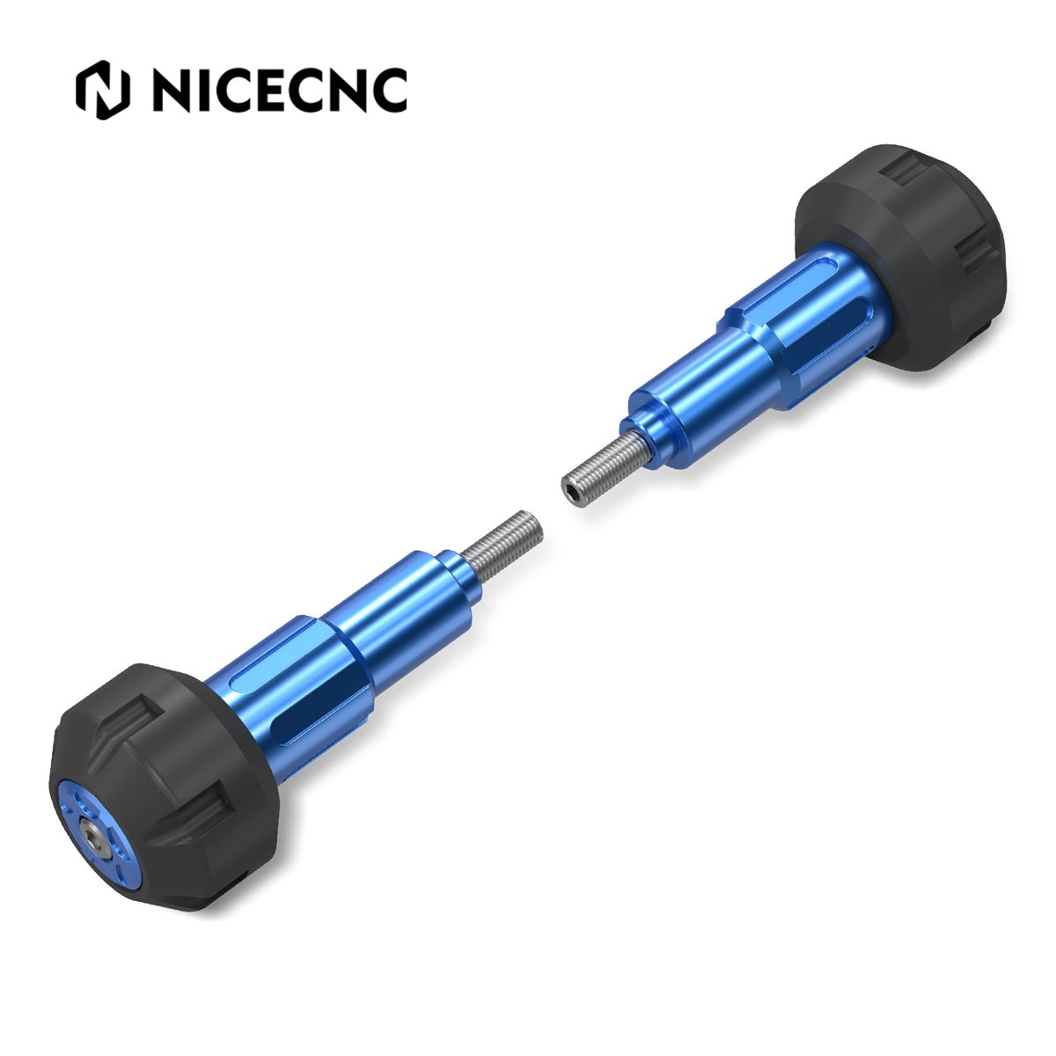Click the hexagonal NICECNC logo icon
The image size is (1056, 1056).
(x=102, y=90)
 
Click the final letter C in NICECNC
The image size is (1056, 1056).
(x=387, y=91)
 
